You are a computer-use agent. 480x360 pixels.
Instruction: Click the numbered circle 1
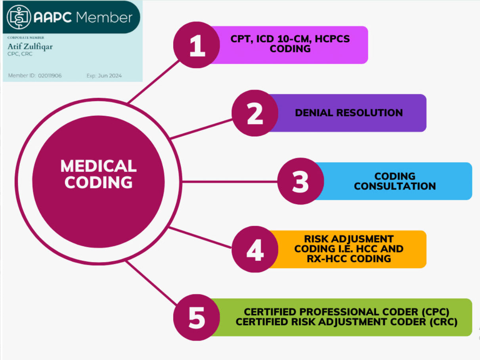coord(196,45)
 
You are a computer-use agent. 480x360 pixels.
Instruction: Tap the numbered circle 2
coord(255,113)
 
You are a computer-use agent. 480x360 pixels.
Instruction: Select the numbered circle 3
coord(300,181)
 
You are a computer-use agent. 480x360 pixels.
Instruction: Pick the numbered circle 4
coord(255,249)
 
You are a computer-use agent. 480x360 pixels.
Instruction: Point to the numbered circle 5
coord(196,317)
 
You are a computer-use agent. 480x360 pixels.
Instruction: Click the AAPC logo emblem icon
coord(19,17)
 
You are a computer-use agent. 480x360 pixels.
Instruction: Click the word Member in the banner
coord(104,17)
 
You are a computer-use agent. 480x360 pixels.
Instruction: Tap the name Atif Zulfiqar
coord(30,46)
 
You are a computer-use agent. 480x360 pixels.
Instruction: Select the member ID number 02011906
coord(50,76)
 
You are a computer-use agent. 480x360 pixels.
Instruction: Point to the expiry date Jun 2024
coord(110,76)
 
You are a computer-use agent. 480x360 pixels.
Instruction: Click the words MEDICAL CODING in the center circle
coord(98,174)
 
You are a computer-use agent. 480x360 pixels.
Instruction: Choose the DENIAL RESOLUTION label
coord(349,113)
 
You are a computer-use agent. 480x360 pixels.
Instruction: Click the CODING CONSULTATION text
coord(395,181)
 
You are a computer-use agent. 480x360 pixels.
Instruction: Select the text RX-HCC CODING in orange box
coord(349,259)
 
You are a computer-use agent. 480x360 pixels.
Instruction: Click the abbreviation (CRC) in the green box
coord(443,322)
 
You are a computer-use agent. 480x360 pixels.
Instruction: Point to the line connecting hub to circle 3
coord(229,182)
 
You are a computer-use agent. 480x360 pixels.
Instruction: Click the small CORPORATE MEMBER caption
coord(26,38)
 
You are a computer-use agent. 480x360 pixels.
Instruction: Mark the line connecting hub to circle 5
coord(151,283)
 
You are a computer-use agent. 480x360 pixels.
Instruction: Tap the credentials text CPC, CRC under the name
coord(20,54)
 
